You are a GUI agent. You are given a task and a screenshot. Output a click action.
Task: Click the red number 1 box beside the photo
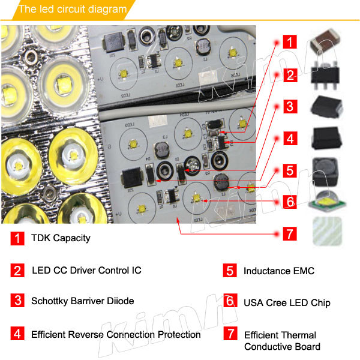click(290, 43)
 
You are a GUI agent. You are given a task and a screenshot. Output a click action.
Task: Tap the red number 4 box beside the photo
click(290, 139)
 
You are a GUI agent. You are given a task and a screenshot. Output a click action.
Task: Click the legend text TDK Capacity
click(61, 238)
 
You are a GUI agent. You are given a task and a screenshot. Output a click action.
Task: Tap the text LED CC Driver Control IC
click(86, 270)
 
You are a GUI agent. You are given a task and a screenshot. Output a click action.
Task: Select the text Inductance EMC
click(278, 271)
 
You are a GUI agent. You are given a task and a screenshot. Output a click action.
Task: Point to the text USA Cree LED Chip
click(287, 302)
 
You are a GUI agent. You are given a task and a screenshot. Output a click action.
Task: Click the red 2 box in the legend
click(17, 270)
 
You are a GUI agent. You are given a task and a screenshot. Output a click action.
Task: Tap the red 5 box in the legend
click(230, 271)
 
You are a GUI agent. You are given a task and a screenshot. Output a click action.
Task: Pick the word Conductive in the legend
click(268, 346)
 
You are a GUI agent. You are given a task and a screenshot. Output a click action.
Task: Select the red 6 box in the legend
click(230, 302)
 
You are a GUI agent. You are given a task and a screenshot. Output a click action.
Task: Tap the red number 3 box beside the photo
click(290, 107)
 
